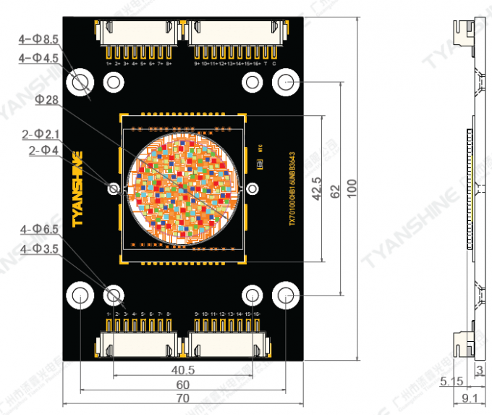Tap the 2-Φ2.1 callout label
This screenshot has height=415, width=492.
click(x=41, y=134)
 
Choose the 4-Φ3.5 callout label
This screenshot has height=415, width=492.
click(x=40, y=248)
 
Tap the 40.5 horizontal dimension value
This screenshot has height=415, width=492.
click(x=183, y=370)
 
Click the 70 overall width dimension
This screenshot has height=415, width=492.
click(x=183, y=398)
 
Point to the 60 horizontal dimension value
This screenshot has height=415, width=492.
click(x=183, y=384)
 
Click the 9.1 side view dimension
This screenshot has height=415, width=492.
click(x=469, y=398)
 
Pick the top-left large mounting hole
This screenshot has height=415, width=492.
click(x=80, y=82)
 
